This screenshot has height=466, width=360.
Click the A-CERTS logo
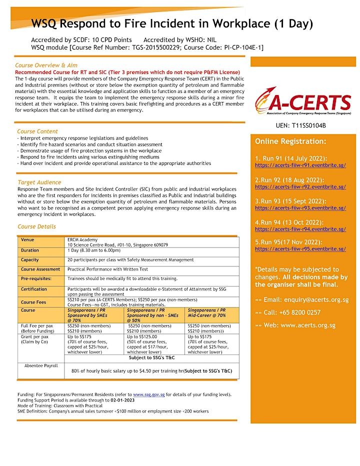[x=302, y=102]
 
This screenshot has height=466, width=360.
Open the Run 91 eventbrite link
[x=300, y=165]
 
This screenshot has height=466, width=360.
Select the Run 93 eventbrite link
[x=300, y=208]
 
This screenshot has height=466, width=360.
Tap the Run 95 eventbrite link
[x=300, y=248]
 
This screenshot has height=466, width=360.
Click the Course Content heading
[x=37, y=131]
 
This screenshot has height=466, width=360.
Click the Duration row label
[x=30, y=250]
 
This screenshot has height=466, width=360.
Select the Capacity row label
[x=30, y=260]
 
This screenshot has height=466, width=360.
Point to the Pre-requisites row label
[x=36, y=278]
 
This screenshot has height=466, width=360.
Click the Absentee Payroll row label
[x=41, y=365]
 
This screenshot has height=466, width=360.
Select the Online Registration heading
[x=290, y=141]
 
